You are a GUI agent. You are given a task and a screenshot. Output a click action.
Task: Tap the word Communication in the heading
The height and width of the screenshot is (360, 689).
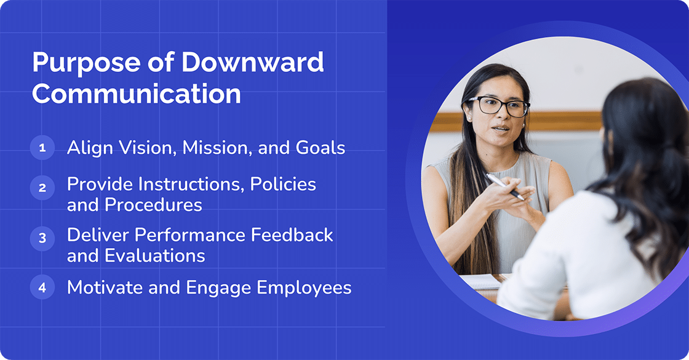136,94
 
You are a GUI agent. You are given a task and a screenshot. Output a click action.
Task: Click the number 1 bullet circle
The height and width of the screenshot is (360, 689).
42,148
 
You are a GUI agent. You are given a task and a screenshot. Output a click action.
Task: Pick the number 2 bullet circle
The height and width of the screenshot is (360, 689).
42,188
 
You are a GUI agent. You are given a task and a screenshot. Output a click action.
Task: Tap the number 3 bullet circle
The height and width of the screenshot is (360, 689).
42,239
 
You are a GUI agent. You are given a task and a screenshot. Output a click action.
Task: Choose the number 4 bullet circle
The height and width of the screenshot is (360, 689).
42,287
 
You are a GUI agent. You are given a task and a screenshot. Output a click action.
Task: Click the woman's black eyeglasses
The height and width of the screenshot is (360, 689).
498,106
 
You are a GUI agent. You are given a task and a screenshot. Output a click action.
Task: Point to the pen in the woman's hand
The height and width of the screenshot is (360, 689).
504,186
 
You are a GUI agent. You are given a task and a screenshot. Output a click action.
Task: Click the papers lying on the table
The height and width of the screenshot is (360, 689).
479,282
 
